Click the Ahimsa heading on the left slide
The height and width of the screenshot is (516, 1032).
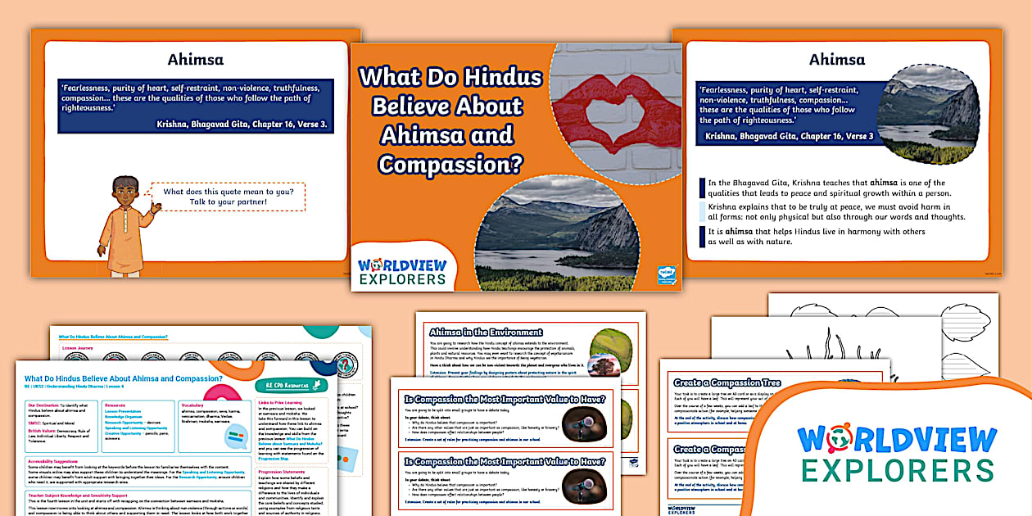(195, 59)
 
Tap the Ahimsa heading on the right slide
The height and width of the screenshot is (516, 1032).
(836, 59)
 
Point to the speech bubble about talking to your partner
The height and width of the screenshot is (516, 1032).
(233, 197)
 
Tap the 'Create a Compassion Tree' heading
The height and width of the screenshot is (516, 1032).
(726, 382)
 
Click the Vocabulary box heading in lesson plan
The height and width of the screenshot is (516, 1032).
(194, 405)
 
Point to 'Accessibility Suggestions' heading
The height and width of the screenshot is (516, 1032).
(63, 460)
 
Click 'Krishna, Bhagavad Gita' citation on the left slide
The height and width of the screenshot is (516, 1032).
(241, 124)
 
